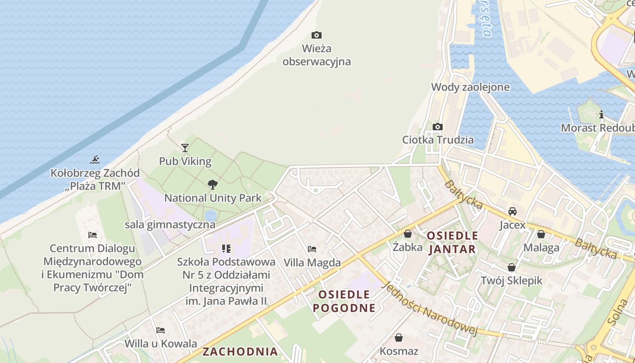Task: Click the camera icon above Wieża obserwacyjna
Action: pyautogui.click(x=317, y=35)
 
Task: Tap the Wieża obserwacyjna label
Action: pyautogui.click(x=317, y=55)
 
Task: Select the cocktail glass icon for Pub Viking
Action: pyautogui.click(x=185, y=147)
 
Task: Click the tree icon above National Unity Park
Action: pyautogui.click(x=212, y=184)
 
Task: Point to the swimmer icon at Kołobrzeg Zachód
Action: pyautogui.click(x=95, y=159)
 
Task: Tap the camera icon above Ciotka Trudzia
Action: pyautogui.click(x=438, y=127)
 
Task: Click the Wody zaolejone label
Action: pyautogui.click(x=470, y=87)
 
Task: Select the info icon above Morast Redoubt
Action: pyautogui.click(x=601, y=114)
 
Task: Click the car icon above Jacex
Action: pyautogui.click(x=512, y=211)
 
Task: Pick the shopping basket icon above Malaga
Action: pyautogui.click(x=541, y=234)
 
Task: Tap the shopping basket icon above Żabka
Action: pyautogui.click(x=408, y=234)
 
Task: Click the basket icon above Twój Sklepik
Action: pyautogui.click(x=512, y=267)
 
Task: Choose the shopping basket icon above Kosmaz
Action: pyautogui.click(x=399, y=338)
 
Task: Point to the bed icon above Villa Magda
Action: pyautogui.click(x=312, y=249)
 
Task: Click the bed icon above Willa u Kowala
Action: pyautogui.click(x=161, y=330)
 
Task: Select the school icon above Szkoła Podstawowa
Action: pyautogui.click(x=226, y=248)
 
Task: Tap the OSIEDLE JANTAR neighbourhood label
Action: pyautogui.click(x=452, y=242)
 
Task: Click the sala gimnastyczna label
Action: pyautogui.click(x=170, y=225)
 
